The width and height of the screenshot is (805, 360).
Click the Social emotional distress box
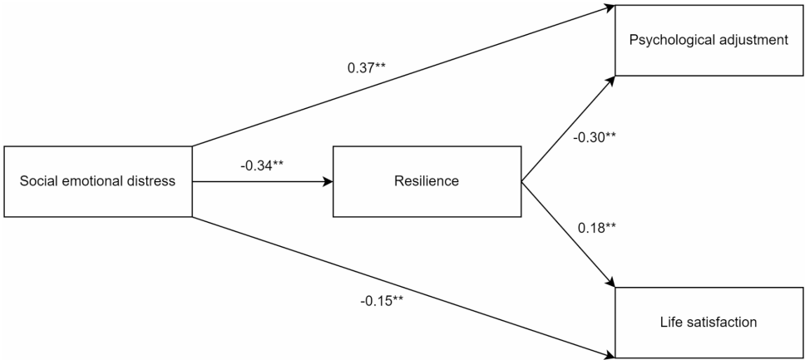(97, 182)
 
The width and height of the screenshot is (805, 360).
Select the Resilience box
(427, 182)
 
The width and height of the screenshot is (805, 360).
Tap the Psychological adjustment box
(709, 39)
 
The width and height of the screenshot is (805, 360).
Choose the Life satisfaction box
(709, 323)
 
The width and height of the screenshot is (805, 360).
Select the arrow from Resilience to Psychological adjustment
(567, 129)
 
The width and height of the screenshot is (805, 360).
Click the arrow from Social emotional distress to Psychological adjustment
(399, 79)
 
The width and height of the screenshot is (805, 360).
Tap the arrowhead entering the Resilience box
(328, 182)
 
